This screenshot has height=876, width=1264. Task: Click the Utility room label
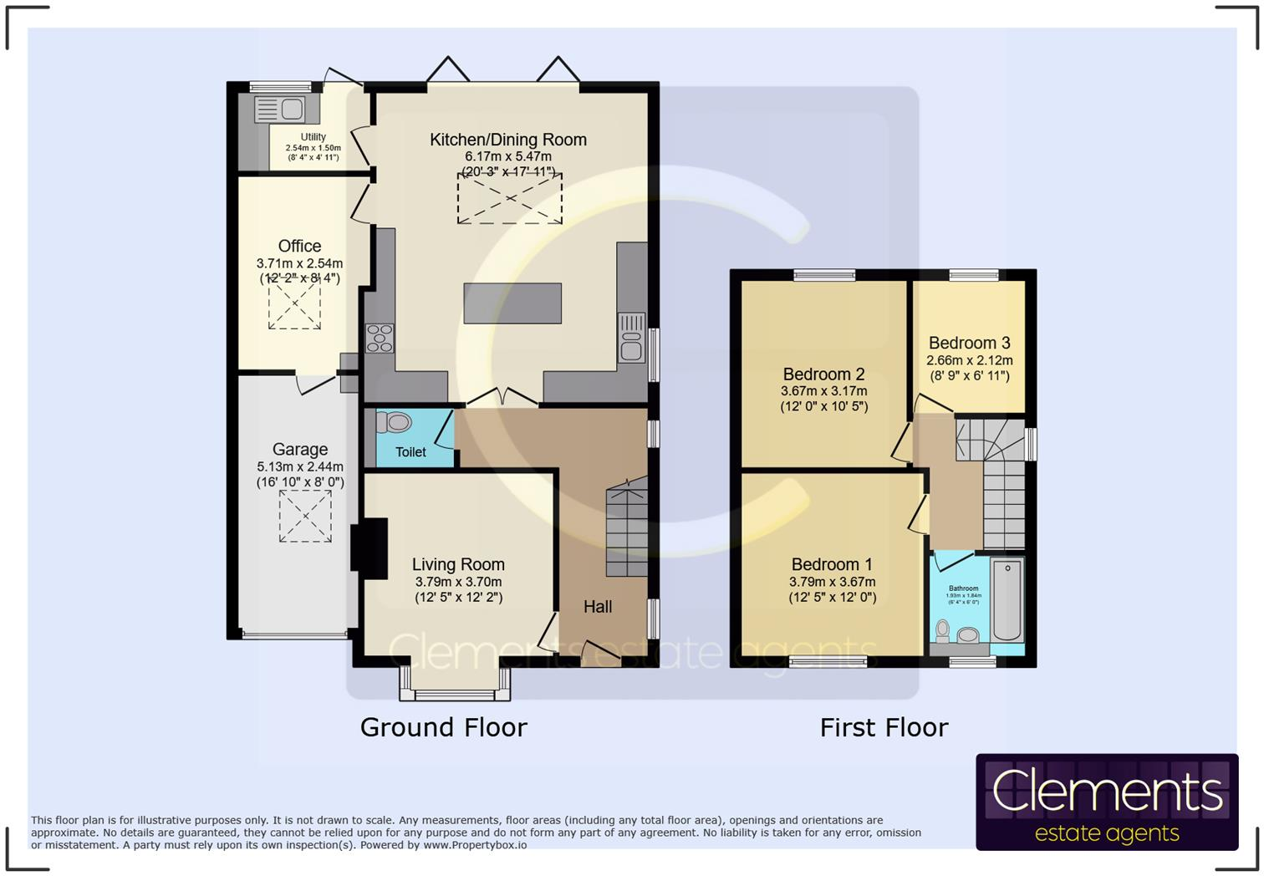313,137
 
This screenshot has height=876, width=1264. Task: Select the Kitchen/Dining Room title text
508,140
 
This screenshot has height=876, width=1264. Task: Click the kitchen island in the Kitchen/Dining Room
512,303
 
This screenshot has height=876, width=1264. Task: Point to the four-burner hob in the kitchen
380,338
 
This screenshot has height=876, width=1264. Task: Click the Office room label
299,246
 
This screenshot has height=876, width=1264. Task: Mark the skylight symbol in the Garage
305,516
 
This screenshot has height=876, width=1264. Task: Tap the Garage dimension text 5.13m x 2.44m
300,466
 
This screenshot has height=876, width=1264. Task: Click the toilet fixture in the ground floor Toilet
394,423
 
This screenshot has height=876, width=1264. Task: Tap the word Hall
598,607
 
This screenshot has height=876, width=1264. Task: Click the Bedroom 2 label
823,374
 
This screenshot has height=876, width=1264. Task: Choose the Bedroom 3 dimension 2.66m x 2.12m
969,360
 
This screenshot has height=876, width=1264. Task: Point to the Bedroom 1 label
832,564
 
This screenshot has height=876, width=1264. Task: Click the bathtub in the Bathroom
1007,600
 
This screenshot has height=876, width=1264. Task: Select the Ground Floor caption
443,727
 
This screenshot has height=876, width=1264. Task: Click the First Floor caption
884,727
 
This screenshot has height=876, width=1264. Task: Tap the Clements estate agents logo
1107,802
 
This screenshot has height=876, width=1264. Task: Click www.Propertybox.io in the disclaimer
475,845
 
